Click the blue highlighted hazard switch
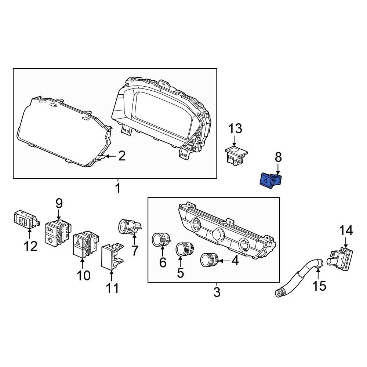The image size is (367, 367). [269, 181]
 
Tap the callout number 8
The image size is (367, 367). [278, 157]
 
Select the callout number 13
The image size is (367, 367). [235, 129]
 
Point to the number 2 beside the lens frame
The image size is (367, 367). [121, 157]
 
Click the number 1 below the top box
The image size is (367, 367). [118, 189]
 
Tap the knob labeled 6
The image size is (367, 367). [161, 240]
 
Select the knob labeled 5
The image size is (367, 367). [182, 250]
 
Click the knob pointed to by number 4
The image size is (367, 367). [208, 260]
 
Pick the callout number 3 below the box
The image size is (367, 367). [217, 292]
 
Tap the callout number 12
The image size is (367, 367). [31, 246]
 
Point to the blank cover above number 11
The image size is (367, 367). [111, 257]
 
